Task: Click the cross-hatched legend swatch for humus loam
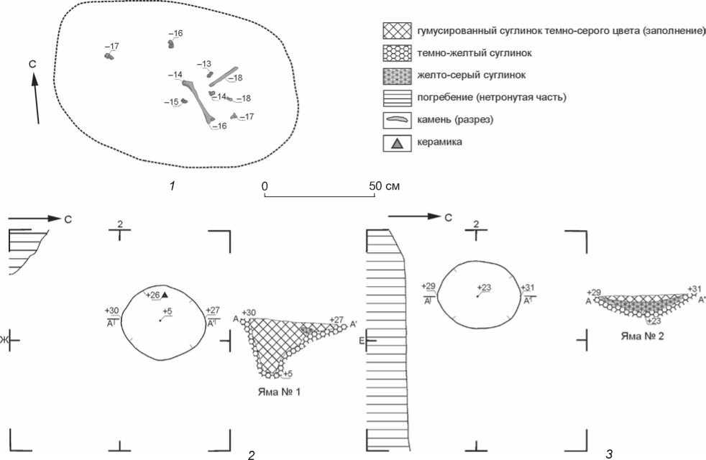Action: pos(397,33)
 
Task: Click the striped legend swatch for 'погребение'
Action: pos(397,96)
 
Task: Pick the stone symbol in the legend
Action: pos(397,119)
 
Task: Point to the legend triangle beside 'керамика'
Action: pos(397,143)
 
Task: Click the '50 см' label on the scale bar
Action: pos(382,186)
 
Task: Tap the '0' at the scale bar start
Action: pos(265,186)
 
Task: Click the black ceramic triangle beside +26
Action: pos(165,295)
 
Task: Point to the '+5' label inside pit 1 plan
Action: pos(167,310)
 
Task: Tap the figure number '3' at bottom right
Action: pos(609,453)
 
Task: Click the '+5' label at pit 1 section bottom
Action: pos(287,374)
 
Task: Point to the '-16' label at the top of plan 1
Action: pos(175,34)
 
